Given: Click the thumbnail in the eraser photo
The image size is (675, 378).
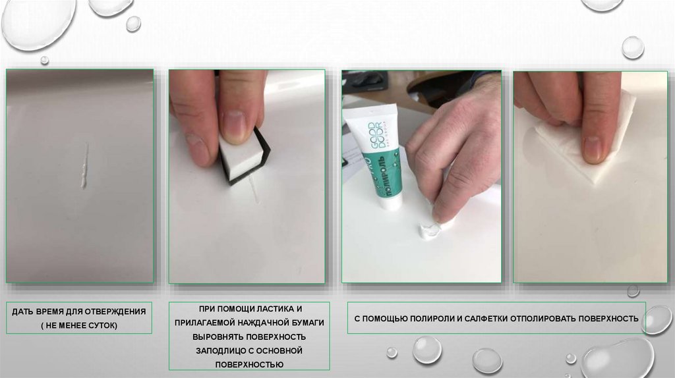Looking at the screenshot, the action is pos(235,126).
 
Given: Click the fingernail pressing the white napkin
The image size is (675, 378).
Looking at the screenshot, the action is pos(593,148).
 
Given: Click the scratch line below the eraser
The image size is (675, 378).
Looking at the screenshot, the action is pos(253,190).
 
